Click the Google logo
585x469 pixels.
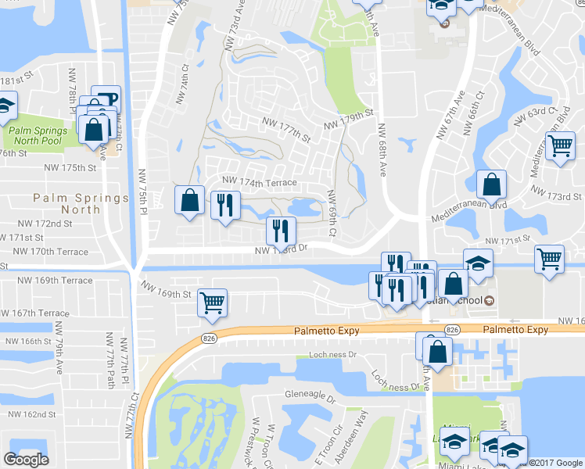click(x=26, y=460)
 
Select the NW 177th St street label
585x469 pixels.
click(x=286, y=128)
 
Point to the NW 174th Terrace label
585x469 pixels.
click(x=260, y=182)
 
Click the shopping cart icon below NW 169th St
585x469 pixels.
click(x=212, y=302)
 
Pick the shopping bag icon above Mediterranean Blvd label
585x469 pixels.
click(x=491, y=185)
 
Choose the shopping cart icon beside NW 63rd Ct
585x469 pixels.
click(x=560, y=145)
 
